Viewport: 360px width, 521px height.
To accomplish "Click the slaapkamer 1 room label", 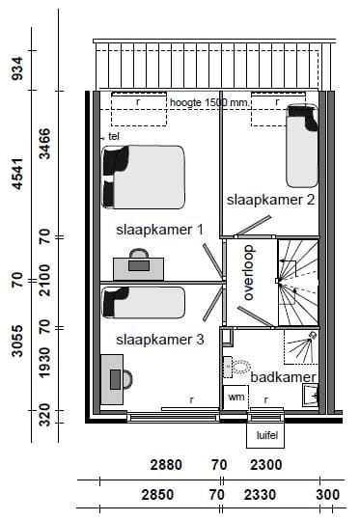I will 159,230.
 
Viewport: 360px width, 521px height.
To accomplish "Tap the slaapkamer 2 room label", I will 270,200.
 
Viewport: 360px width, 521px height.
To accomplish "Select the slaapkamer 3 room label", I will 159,340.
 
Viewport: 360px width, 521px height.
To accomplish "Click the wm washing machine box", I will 235,396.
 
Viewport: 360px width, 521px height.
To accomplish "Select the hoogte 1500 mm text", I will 208,101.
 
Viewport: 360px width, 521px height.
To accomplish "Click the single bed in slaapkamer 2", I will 301,146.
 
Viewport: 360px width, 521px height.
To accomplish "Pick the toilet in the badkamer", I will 237,367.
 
